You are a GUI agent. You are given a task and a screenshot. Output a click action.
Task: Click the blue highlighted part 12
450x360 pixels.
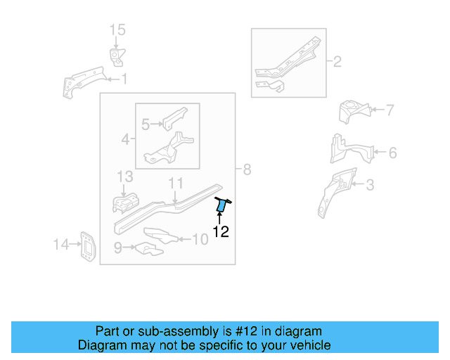[221, 205]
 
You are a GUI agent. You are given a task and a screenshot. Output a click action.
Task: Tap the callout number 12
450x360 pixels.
[221, 231]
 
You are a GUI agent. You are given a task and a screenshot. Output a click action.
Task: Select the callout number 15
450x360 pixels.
[117, 30]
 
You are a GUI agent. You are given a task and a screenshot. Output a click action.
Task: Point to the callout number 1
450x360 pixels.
[124, 79]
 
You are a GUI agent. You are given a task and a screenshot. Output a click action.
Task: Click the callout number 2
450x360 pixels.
[337, 63]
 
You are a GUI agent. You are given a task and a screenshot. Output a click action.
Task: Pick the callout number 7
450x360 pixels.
[390, 110]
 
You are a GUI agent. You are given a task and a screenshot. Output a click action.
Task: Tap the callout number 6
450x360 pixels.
[392, 152]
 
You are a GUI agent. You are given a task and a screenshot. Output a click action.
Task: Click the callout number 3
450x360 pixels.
[370, 186]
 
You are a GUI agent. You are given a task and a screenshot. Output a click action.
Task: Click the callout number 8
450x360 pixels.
[247, 169]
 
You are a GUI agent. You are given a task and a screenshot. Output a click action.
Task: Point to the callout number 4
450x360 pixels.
[125, 140]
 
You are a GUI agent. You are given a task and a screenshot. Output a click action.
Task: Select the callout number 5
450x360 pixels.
[146, 125]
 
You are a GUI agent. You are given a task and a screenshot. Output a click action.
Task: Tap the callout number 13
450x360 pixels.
[124, 176]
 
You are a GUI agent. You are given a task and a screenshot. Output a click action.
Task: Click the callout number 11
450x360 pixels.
[175, 184]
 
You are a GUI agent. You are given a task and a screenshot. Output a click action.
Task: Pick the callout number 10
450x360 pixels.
[200, 239]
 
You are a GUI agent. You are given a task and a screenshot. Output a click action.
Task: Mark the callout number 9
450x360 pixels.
[118, 247]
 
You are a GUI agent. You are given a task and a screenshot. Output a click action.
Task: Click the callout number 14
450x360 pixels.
[61, 245]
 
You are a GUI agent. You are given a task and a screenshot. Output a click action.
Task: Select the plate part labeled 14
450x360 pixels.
[88, 246]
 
